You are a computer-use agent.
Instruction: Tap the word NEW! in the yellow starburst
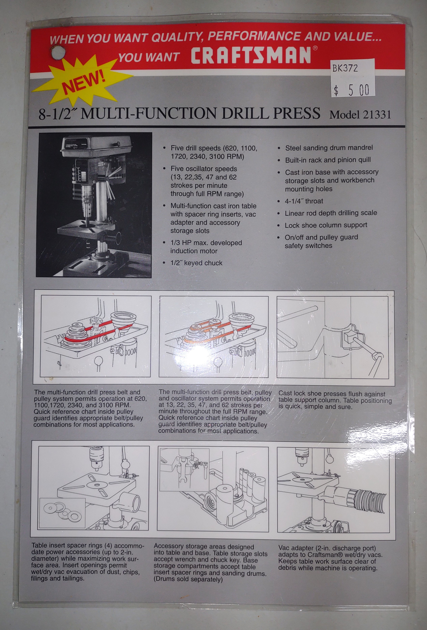84,81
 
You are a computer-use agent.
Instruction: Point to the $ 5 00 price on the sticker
352,90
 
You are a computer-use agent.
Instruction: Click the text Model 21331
360,115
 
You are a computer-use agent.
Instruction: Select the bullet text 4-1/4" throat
304,201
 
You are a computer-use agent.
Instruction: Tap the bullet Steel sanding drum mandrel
329,148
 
